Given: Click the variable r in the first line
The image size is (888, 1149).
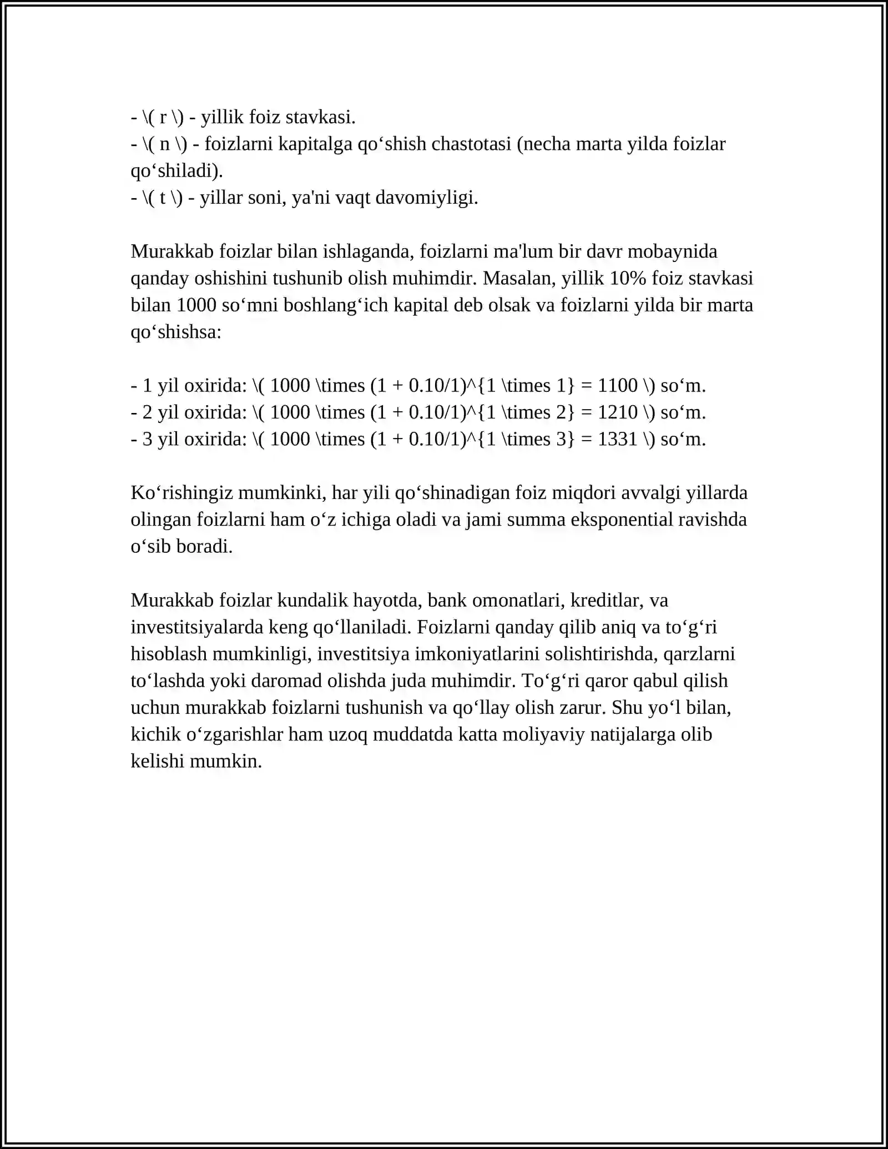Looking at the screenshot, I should pos(163,118).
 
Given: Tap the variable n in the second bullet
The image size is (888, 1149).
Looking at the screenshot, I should pos(165,144).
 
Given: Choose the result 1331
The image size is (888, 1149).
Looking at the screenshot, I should pos(618,440).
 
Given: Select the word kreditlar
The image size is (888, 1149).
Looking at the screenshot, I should pos(607,601).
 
